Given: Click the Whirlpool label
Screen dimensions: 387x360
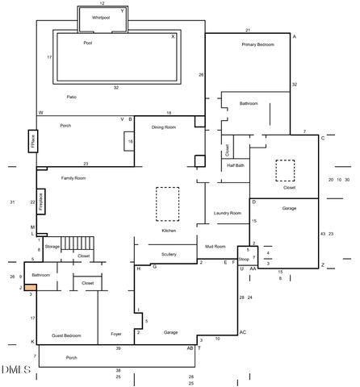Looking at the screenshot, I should coord(100,17).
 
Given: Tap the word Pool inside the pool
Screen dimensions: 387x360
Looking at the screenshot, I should coord(89,44).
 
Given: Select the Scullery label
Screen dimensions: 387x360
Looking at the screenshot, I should coord(168,255).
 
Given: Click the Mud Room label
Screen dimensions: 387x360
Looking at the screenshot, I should coord(215,246).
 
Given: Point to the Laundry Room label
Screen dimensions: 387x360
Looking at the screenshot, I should coord(227,213).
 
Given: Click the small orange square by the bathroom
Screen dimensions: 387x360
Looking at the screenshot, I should coord(29,286).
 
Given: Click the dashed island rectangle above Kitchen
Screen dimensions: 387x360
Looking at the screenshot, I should coord(167,203).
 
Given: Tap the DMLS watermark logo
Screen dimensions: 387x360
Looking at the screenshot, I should coord(15,371).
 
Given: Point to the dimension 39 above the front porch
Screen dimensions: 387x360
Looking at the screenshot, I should coord(118,347).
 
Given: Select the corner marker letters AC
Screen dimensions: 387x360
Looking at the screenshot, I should coord(241,331).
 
